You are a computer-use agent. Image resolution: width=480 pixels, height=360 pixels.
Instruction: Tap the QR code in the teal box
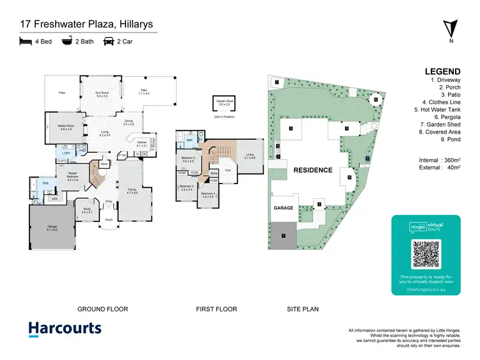point(426,254)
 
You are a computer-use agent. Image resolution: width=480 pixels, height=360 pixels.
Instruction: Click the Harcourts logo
point(65,329)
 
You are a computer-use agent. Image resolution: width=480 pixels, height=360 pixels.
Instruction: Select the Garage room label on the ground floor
point(51,228)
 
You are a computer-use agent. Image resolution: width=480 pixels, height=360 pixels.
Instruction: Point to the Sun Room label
point(102,94)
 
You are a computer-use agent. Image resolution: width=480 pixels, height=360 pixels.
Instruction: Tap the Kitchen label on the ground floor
point(141,144)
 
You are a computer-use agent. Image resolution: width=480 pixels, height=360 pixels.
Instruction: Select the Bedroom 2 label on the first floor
point(188,159)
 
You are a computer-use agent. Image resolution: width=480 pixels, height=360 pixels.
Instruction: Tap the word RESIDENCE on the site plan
point(313,170)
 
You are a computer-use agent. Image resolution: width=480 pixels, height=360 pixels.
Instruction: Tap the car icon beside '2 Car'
point(109,42)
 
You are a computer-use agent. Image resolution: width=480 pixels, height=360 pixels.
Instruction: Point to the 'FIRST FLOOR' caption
point(216,309)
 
